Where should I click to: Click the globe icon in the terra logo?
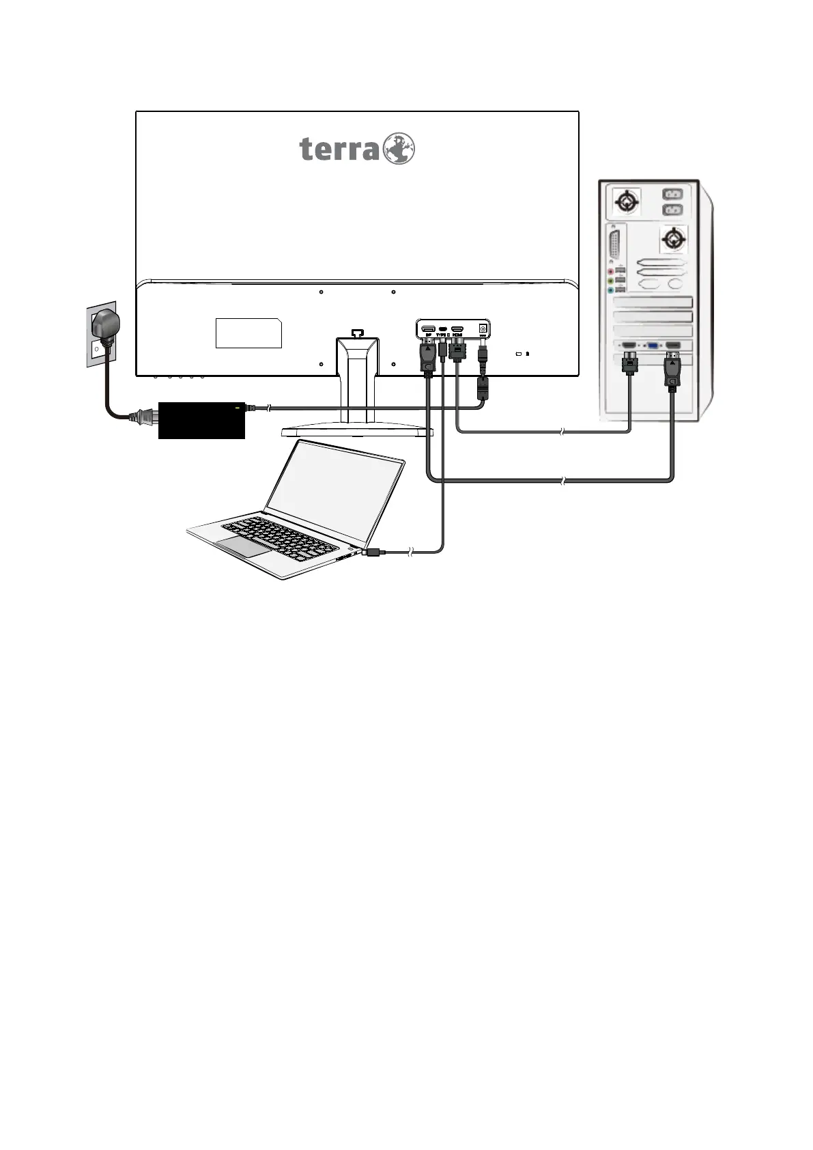(399, 148)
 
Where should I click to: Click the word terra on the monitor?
(339, 149)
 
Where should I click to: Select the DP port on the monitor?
(428, 329)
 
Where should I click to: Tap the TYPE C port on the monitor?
(443, 329)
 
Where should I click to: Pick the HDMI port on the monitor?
(457, 329)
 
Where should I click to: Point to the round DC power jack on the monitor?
(483, 328)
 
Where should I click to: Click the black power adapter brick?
(201, 420)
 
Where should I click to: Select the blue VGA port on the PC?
(653, 346)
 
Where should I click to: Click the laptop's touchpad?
(243, 546)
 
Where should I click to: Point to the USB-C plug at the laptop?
(374, 552)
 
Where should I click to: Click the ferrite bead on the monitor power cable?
(483, 387)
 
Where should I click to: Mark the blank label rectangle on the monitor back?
(248, 333)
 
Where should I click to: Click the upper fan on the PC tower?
(627, 202)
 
